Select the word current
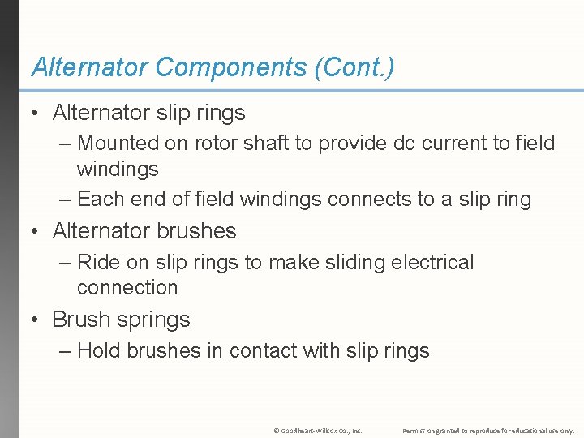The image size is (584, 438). tap(459, 144)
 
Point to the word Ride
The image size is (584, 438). tap(99, 263)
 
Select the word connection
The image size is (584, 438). tap(127, 288)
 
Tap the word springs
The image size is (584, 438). tap(153, 320)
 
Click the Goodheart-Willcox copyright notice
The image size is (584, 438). tap(317, 430)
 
